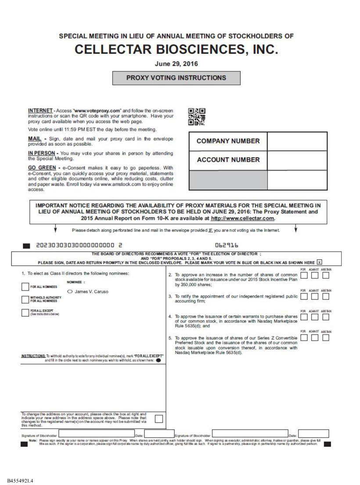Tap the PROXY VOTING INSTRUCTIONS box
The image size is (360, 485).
(x=176, y=78)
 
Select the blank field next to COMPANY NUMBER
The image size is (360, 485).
(x=297, y=142)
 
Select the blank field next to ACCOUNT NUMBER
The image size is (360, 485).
(x=297, y=159)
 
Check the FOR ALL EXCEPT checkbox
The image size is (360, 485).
(x=25, y=313)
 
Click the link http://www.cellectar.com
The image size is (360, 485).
(x=250, y=219)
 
